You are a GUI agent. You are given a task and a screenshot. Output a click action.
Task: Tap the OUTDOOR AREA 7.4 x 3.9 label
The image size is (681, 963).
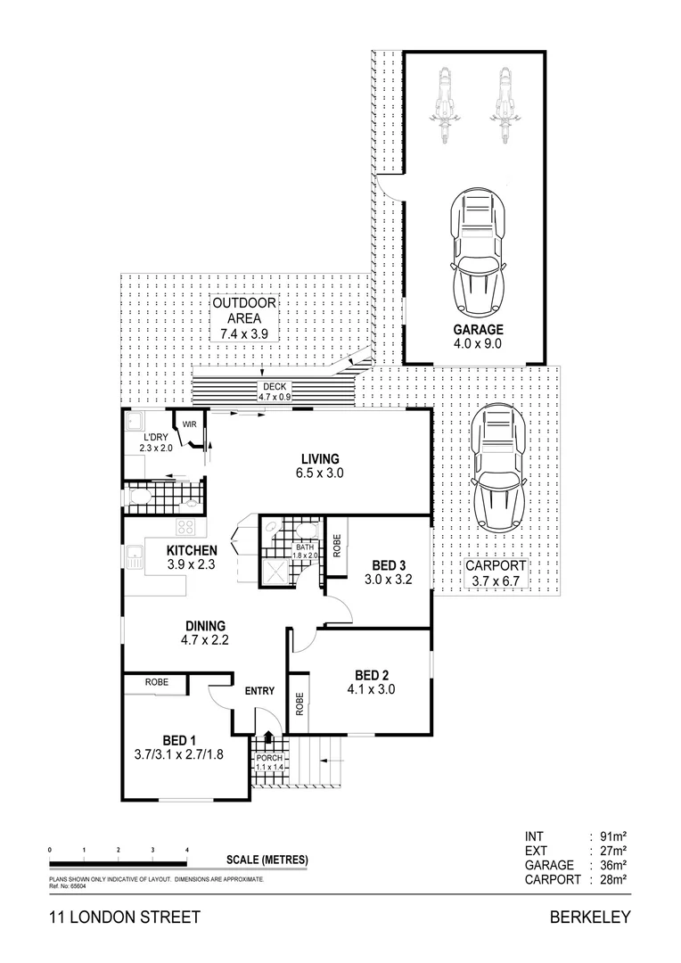pyautogui.click(x=244, y=318)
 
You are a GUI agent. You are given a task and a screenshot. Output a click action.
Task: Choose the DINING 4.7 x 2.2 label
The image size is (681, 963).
pyautogui.click(x=205, y=632)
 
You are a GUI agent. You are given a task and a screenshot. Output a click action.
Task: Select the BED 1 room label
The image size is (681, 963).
pyautogui.click(x=179, y=748)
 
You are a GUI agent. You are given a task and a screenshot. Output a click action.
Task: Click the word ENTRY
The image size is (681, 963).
pyautogui.click(x=259, y=690)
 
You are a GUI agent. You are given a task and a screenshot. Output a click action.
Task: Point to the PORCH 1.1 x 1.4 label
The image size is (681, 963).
pyautogui.click(x=268, y=762)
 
